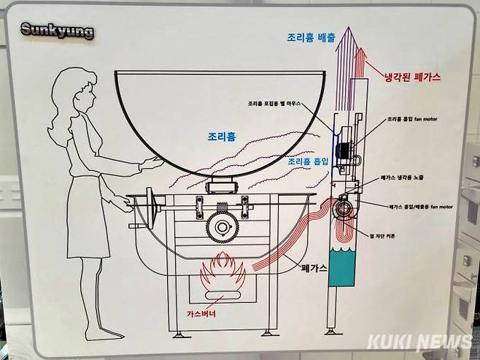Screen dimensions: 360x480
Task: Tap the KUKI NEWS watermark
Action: (419, 342)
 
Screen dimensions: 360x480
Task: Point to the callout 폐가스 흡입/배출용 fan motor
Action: (419, 207)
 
